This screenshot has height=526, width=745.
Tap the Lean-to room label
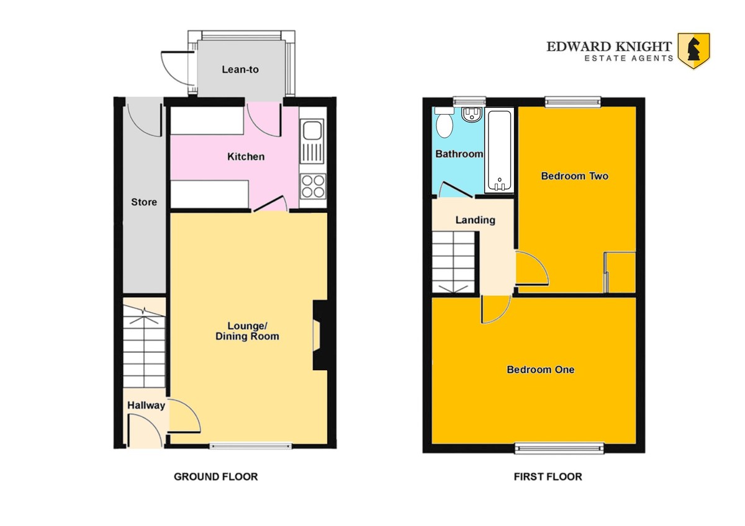(240, 69)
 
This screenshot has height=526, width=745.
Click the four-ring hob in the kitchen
(313, 186)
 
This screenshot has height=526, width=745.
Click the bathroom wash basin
(472, 114)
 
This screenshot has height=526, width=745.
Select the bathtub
(499, 150)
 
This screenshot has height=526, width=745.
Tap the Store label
(144, 202)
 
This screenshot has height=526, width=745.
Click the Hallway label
(147, 406)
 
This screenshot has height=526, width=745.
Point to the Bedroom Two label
(575, 176)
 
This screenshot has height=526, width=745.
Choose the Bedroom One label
(541, 370)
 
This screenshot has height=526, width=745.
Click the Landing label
(476, 220)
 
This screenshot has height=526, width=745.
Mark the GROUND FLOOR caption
(216, 477)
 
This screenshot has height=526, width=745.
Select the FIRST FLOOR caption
(548, 477)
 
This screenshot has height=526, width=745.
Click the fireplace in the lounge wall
(320, 336)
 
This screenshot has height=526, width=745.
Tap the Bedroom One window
(559, 448)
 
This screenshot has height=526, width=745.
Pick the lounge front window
(251, 446)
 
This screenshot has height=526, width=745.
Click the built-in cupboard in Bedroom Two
(620, 272)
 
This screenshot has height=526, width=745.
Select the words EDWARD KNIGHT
(609, 47)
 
